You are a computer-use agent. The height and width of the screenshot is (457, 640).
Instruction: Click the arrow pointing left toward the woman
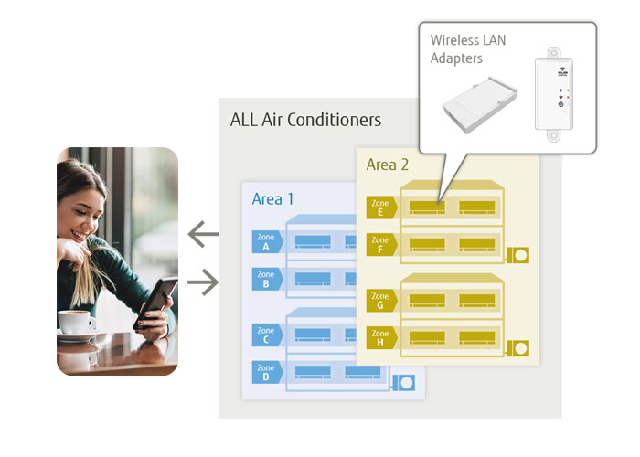click(x=203, y=236)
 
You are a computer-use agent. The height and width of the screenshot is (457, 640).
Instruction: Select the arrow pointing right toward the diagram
click(x=203, y=283)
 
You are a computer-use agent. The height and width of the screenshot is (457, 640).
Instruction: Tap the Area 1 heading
click(x=274, y=198)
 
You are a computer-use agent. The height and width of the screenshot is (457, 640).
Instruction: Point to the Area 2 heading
click(x=389, y=165)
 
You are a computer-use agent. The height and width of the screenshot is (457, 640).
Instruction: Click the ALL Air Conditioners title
click(x=305, y=120)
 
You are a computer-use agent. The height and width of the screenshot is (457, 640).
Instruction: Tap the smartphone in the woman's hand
click(x=155, y=301)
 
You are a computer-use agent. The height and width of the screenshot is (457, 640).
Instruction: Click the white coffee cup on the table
click(x=77, y=323)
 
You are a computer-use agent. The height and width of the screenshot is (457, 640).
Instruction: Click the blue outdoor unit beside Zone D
click(x=403, y=382)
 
